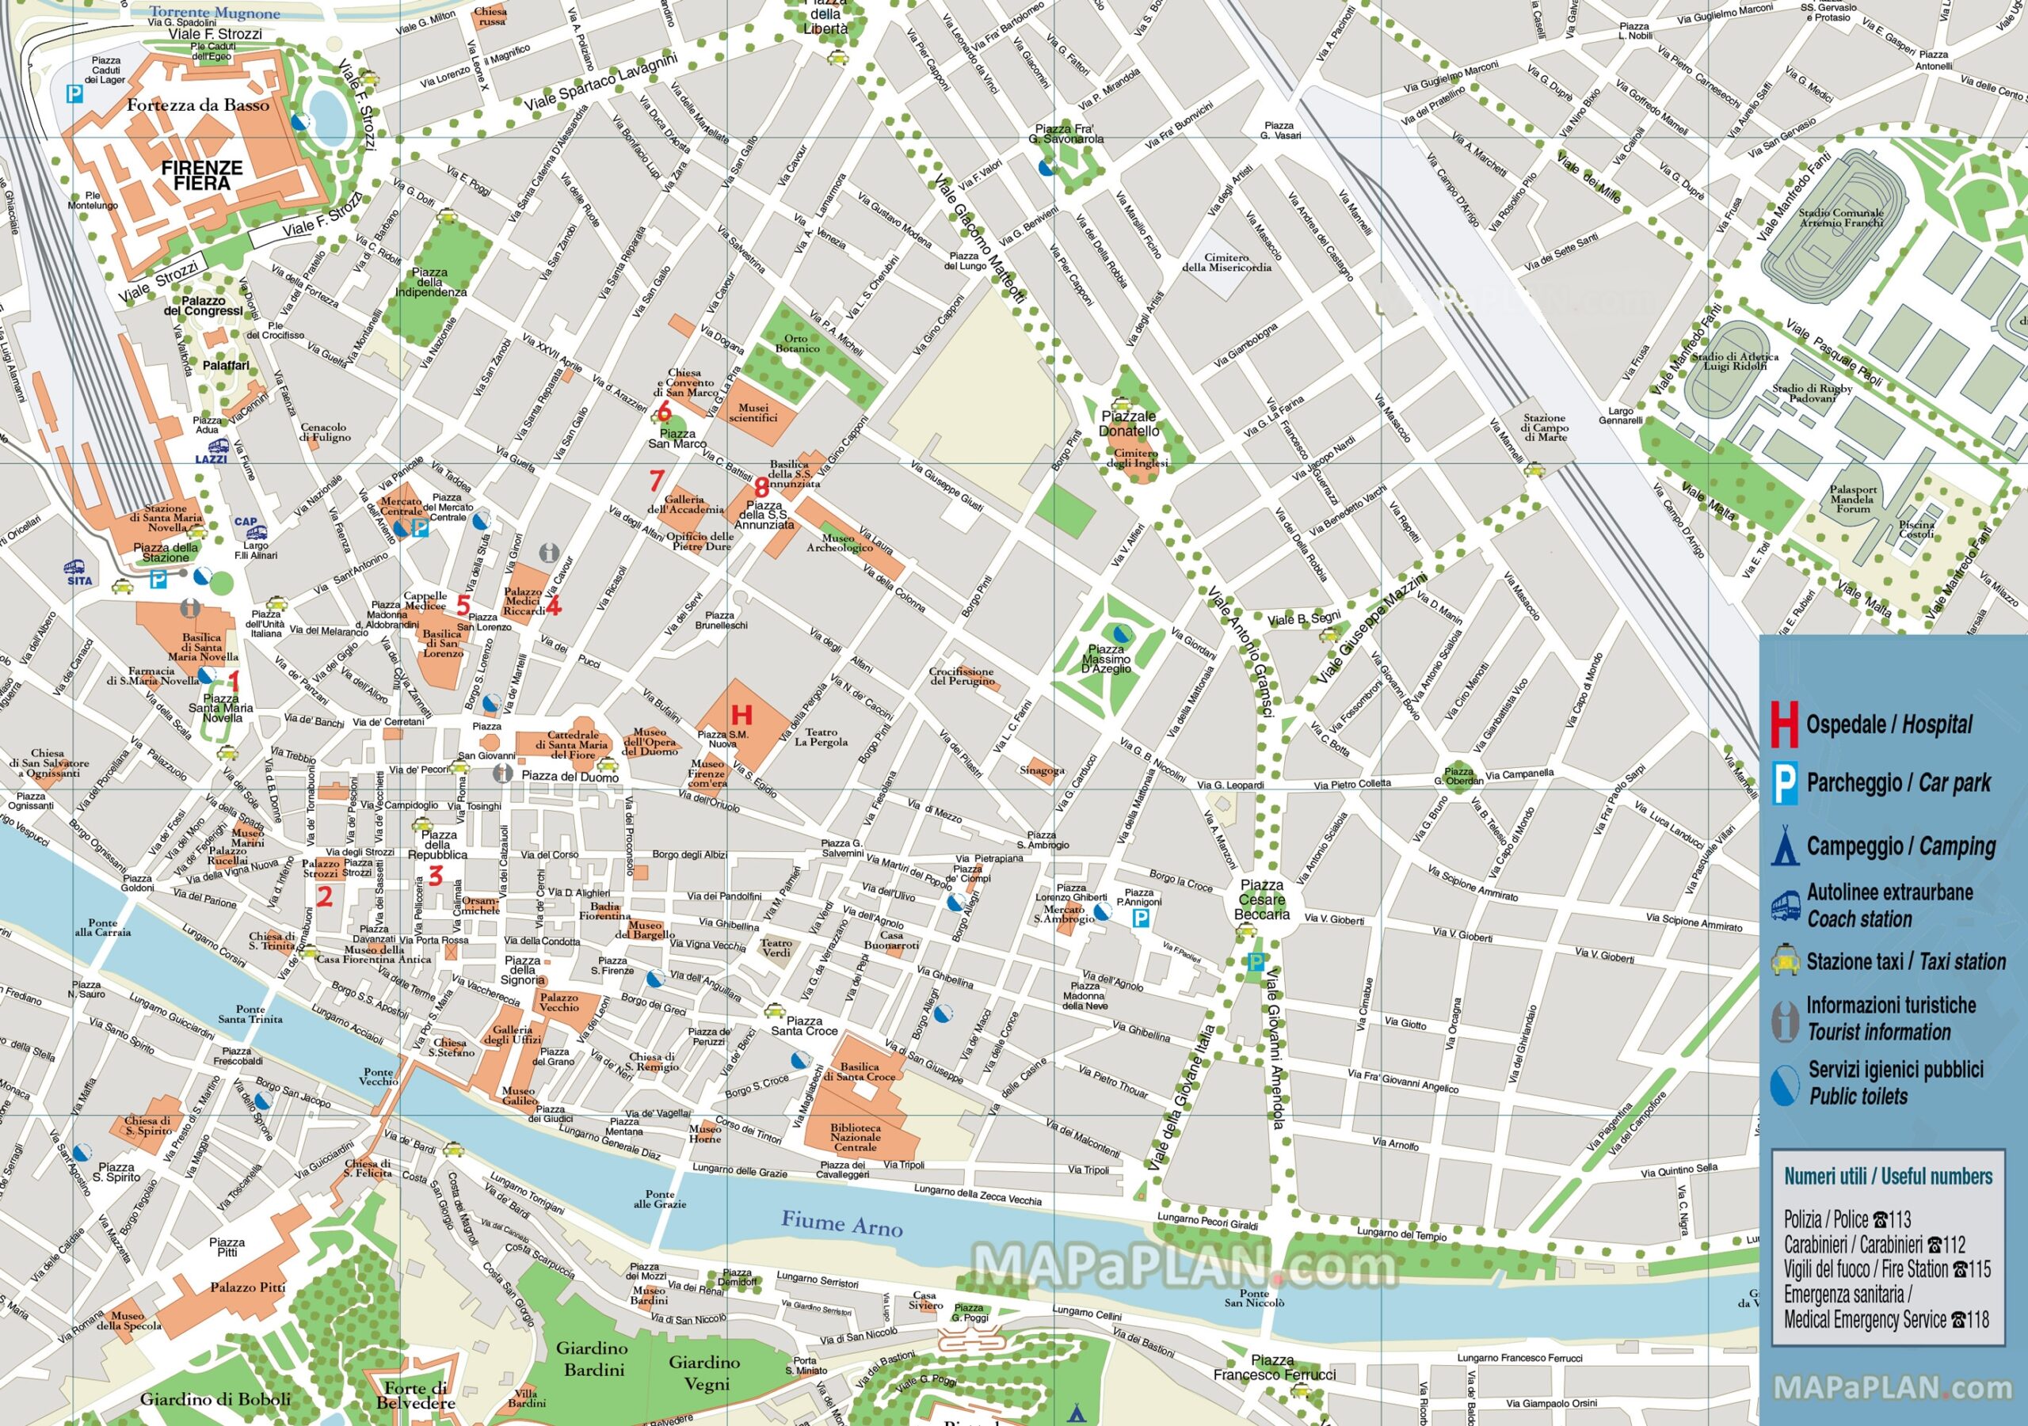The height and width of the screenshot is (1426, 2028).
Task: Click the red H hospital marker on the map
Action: [x=741, y=714]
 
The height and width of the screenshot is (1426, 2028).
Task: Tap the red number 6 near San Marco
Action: [x=663, y=412]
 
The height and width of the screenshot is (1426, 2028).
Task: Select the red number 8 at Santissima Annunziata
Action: [x=761, y=485]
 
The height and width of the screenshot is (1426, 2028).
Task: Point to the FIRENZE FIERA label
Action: [x=201, y=175]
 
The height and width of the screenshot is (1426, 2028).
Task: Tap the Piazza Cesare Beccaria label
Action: [x=1261, y=899]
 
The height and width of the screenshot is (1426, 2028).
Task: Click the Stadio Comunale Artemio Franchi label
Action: [x=1841, y=217]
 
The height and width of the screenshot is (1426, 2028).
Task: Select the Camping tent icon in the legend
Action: [x=1784, y=846]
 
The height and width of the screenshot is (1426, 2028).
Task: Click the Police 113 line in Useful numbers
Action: [x=1847, y=1219]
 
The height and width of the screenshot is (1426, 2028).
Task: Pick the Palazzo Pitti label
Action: [x=247, y=1287]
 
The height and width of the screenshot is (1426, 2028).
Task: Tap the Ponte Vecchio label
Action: [x=378, y=1076]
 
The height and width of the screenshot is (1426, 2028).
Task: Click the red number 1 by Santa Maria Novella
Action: [x=234, y=680]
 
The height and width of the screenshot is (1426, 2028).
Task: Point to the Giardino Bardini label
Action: [x=593, y=1359]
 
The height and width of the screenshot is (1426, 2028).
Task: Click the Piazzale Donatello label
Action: [x=1128, y=423]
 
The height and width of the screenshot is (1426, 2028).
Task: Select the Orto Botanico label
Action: [x=797, y=344]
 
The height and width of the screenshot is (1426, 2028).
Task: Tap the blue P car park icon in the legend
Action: [x=1785, y=783]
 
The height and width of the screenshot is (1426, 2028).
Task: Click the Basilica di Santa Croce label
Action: [x=860, y=1071]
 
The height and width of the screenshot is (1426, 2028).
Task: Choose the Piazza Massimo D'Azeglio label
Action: [x=1106, y=659]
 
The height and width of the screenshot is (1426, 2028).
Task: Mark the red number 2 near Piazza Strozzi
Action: [x=324, y=897]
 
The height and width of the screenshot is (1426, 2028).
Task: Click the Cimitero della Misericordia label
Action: [x=1226, y=262]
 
